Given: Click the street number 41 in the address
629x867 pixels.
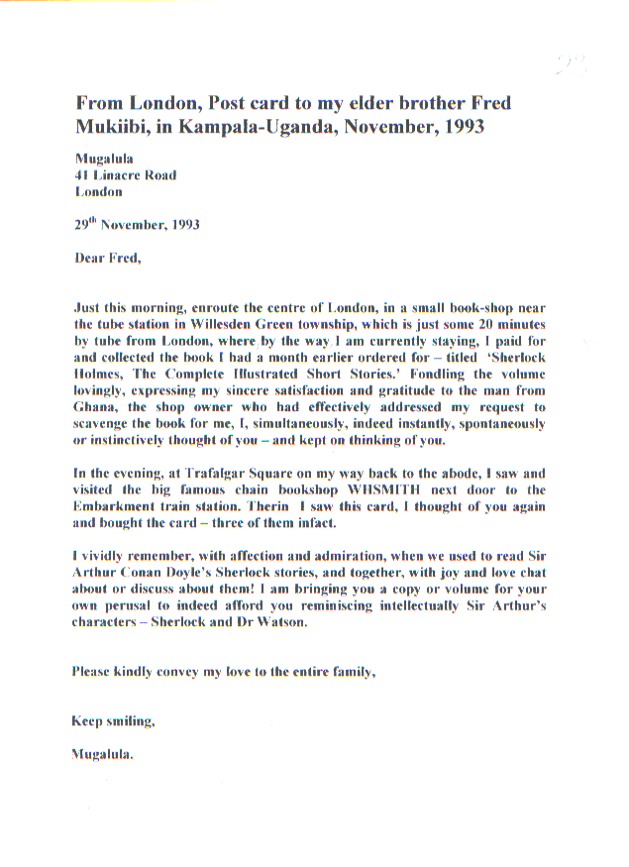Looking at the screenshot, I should [x=83, y=175].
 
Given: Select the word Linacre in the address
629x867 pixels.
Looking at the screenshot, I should [x=121, y=175].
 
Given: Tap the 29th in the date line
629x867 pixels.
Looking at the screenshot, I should [x=88, y=224].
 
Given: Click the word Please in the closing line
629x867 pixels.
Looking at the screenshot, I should [x=94, y=672].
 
